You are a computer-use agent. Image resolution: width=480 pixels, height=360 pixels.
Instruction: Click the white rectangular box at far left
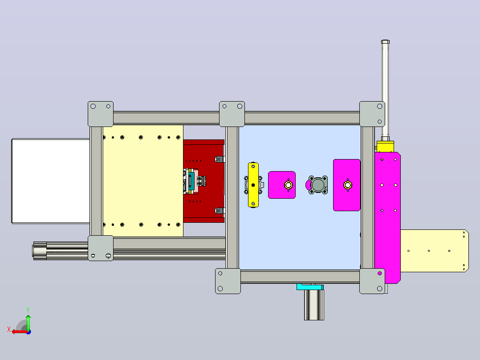point(51,181)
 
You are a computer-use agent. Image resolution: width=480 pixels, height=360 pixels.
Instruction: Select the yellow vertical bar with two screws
point(253,185)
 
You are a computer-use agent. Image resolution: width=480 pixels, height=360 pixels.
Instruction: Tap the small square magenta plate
point(281,185)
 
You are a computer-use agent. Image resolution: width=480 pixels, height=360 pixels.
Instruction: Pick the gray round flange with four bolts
point(318,185)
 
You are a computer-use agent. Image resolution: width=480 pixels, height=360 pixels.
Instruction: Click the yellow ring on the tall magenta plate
point(348,185)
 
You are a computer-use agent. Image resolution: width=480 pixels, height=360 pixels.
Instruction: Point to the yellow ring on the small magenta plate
point(289,185)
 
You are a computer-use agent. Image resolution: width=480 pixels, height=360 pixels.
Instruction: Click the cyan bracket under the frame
point(310,287)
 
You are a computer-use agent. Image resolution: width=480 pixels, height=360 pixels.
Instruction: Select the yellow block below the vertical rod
point(385,147)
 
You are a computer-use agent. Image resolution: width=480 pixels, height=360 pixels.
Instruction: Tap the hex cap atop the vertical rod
point(386,42)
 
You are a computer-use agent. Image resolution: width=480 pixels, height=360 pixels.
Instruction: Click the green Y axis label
point(28,310)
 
